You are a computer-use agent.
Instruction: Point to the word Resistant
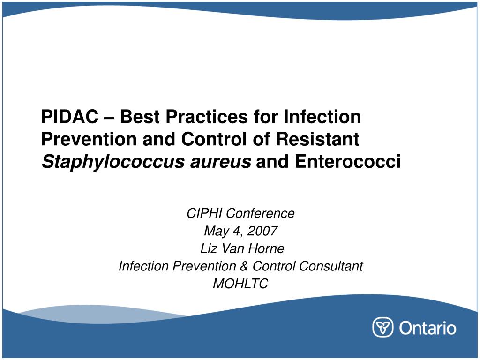[320, 139]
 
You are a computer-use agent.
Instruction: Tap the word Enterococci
[348, 162]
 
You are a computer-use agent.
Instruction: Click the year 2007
[263, 231]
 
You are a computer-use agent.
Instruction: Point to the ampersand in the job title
[244, 266]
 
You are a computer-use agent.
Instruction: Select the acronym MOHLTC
[240, 284]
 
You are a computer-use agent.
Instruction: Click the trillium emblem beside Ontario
[382, 327]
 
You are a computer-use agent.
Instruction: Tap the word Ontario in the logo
[427, 327]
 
